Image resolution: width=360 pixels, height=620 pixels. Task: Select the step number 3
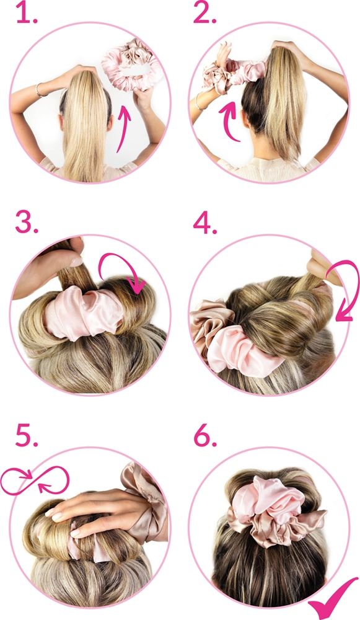click(x=27, y=223)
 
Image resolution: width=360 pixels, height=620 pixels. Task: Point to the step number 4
click(x=204, y=223)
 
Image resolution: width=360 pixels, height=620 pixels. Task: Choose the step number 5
click(x=27, y=436)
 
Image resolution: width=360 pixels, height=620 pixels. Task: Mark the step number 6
click(x=205, y=436)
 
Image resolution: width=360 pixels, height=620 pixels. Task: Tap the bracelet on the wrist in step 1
click(x=39, y=90)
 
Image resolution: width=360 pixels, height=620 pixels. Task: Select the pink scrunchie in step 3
click(x=84, y=312)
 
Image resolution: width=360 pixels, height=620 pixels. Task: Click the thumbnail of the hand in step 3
click(x=76, y=262)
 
